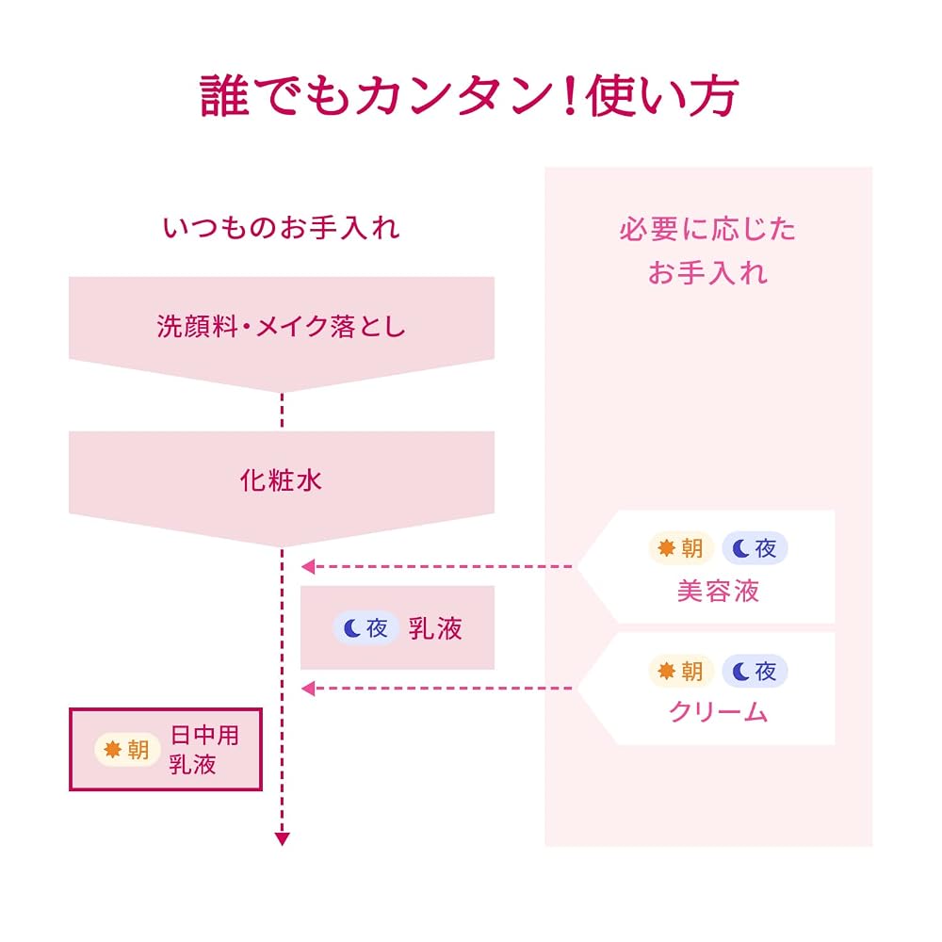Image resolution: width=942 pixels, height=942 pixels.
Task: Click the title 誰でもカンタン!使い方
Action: (469, 95)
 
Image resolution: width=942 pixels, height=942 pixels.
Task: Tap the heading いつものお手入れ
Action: (281, 228)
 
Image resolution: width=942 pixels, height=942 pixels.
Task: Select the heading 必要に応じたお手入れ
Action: (707, 252)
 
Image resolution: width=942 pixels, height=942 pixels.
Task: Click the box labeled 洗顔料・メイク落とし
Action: (281, 333)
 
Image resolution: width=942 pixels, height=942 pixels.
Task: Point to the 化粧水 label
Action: (281, 480)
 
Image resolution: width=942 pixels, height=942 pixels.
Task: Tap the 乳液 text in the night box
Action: (435, 628)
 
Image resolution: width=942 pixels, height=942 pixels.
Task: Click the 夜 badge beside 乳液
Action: (365, 628)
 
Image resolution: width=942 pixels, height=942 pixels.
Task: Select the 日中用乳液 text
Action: (203, 750)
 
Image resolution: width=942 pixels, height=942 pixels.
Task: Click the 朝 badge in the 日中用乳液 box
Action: (127, 750)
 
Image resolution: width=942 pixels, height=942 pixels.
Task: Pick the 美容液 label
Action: (718, 592)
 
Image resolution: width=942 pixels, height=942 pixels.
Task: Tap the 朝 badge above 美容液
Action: (681, 548)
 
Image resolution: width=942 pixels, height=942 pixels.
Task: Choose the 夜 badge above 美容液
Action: (755, 548)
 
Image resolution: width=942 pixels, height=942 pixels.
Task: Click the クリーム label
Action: (718, 712)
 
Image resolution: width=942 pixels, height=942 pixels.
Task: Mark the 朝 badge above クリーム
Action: (681, 671)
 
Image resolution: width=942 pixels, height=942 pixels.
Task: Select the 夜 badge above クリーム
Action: (755, 671)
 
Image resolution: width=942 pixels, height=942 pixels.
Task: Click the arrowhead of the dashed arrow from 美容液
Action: (308, 566)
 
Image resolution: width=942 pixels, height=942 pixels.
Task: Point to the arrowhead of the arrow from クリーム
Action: (308, 689)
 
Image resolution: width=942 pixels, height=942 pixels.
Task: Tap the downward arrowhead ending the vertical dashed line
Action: (282, 839)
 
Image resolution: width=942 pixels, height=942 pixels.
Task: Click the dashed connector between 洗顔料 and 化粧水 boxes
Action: (282, 411)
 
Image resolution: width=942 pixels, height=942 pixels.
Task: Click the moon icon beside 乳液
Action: (351, 628)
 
